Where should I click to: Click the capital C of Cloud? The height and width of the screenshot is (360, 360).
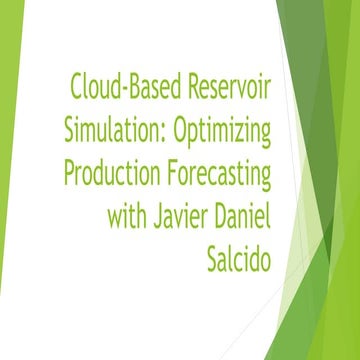click(77, 87)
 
